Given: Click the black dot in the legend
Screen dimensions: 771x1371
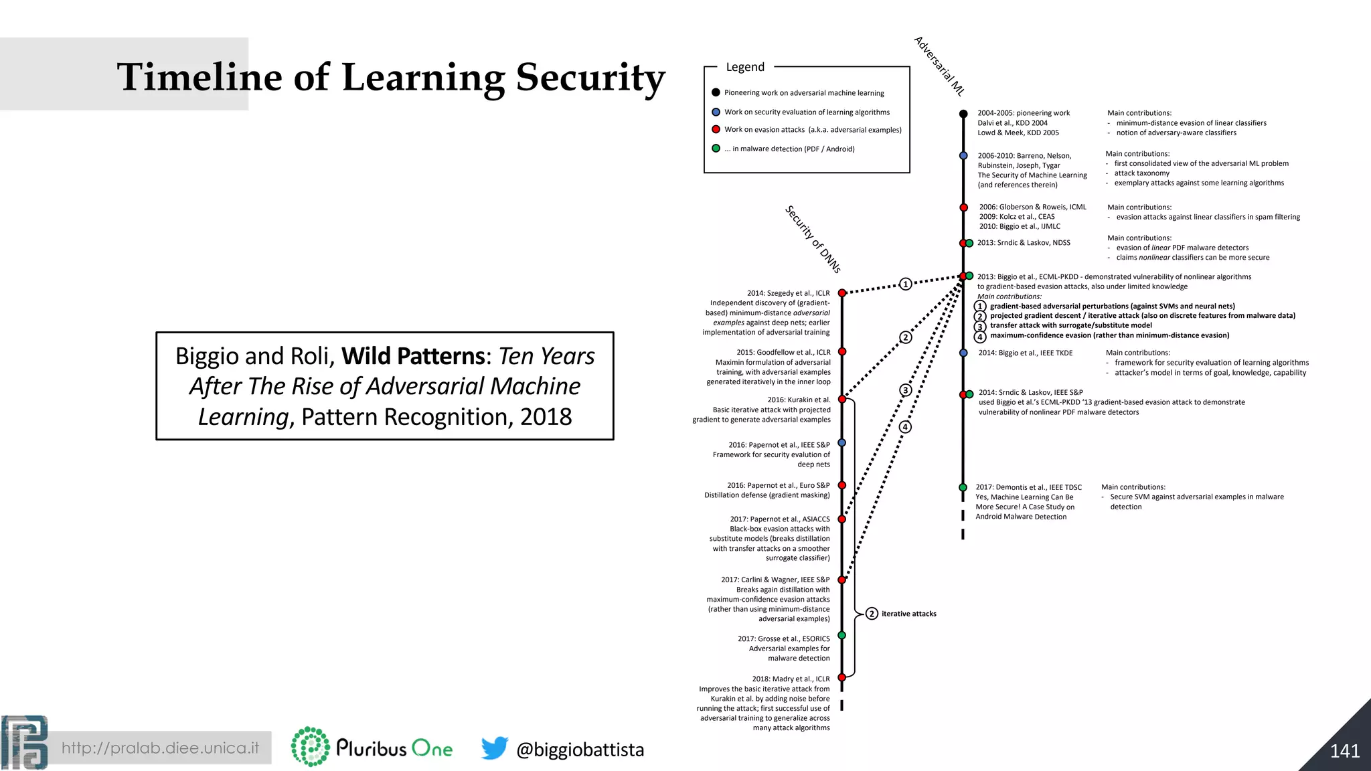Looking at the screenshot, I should [x=716, y=93].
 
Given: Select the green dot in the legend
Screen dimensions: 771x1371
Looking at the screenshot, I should [x=716, y=149].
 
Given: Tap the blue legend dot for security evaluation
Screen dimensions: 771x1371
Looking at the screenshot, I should [x=716, y=112].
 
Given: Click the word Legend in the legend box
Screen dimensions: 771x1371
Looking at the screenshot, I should [x=745, y=67].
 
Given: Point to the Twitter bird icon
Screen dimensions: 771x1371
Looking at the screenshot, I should [x=495, y=748].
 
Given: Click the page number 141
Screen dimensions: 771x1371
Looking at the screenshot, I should [x=1344, y=751].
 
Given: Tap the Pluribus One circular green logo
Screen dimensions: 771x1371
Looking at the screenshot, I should [x=310, y=747].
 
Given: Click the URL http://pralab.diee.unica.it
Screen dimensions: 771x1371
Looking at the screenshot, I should [x=160, y=748].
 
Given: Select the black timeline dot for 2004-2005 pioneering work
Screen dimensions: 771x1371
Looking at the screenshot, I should [x=963, y=114].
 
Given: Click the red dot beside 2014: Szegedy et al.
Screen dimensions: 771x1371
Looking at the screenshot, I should [x=842, y=293].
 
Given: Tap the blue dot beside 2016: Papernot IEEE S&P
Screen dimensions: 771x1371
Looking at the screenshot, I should [x=842, y=442].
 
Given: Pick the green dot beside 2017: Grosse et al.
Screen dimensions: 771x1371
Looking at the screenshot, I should [x=842, y=635].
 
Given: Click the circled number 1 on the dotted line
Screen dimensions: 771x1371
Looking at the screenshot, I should [x=905, y=284].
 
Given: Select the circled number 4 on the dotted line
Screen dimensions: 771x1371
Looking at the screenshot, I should [x=905, y=426].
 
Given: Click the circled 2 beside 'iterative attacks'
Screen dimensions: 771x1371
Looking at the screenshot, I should [x=872, y=614].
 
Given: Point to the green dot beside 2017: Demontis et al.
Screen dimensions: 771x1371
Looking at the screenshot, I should [x=963, y=487].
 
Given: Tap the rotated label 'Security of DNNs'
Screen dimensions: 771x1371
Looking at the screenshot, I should [x=813, y=239].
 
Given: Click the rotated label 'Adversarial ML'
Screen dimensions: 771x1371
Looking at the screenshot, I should [x=939, y=66].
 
